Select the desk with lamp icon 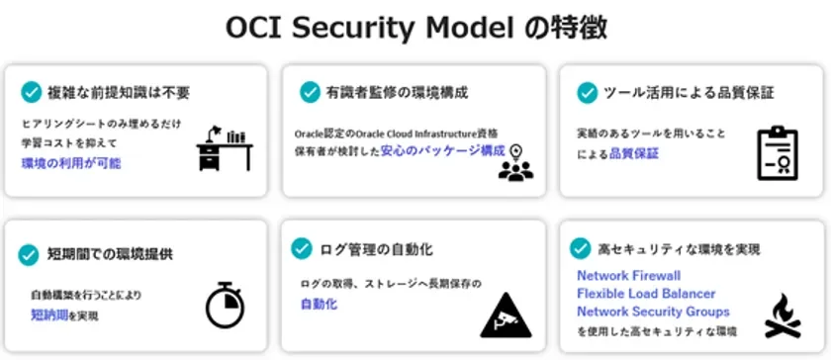coord(224,149)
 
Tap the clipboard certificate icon coord(777,152)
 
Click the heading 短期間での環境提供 coord(109,254)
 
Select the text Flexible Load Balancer coord(646,294)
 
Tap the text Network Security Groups coord(654,312)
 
